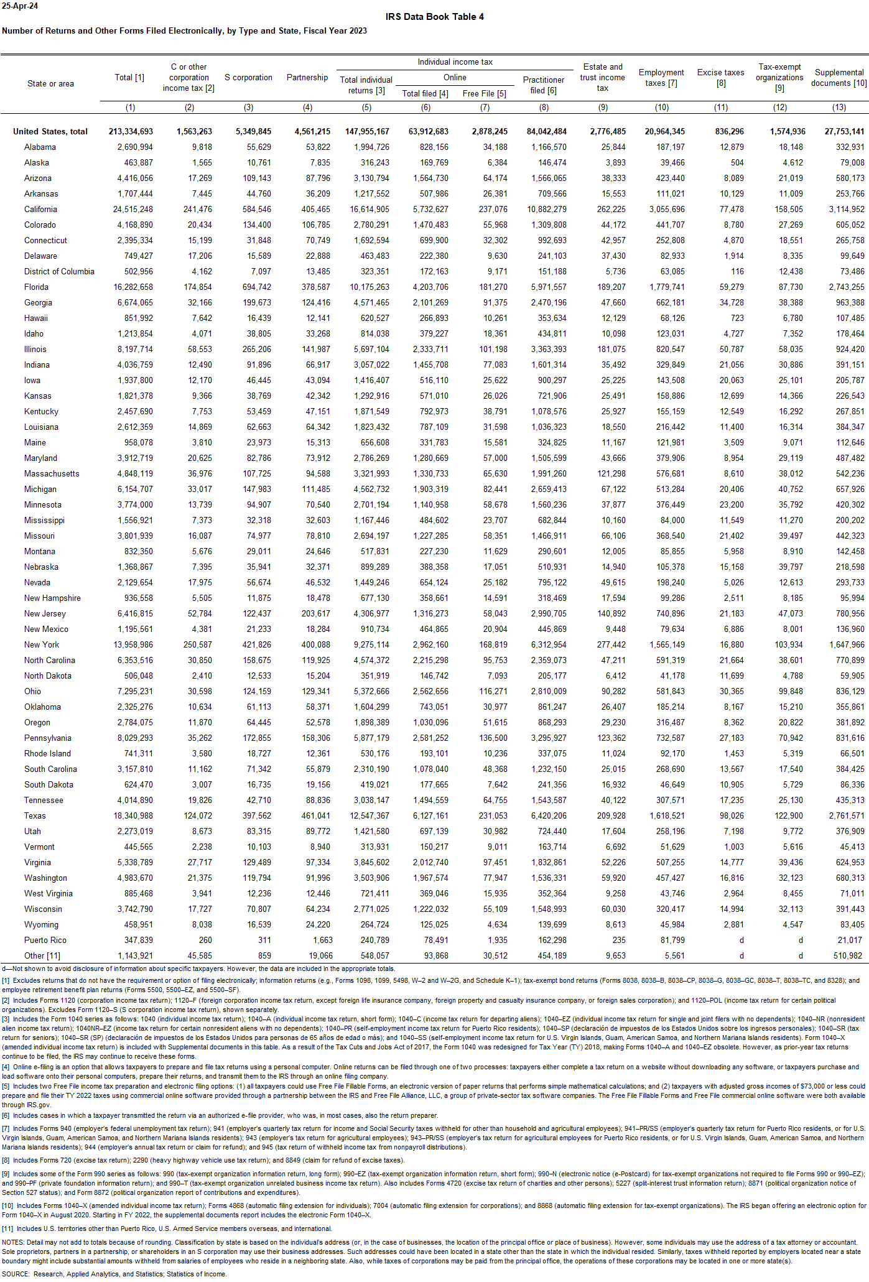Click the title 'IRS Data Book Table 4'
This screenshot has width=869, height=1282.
[x=434, y=17]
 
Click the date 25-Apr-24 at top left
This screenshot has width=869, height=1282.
[x=20, y=6]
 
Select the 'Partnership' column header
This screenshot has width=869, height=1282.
[x=307, y=78]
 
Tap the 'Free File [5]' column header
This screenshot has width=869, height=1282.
[x=484, y=94]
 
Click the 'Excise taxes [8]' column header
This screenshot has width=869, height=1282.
[x=720, y=77]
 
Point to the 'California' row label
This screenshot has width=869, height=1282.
[x=40, y=210]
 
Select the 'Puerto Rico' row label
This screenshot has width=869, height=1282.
[x=45, y=941]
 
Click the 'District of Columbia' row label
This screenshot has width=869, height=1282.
[x=59, y=272]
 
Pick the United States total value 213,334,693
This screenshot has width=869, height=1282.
[x=131, y=132]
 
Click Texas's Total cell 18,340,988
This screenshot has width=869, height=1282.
[x=133, y=816]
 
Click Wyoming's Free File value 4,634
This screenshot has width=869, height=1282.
[x=496, y=925]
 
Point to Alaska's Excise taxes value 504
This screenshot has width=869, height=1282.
[x=737, y=163]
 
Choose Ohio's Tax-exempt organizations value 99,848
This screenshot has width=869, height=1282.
[x=790, y=692]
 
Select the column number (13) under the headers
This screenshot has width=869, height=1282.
[x=839, y=108]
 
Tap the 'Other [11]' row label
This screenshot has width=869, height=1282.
[x=42, y=956]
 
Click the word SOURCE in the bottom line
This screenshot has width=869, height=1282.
[x=16, y=1274]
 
